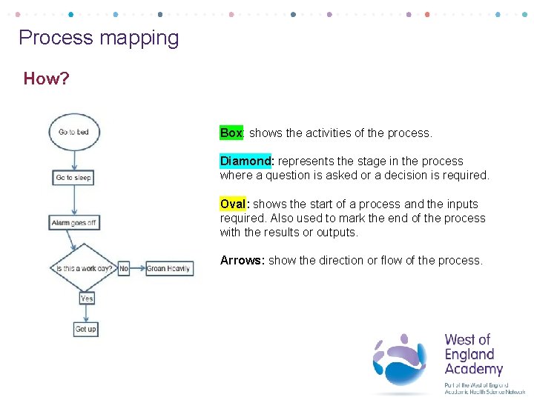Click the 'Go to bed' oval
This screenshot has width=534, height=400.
click(73, 132)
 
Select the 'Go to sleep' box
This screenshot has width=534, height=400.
click(73, 178)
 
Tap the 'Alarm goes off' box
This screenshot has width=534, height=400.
click(75, 222)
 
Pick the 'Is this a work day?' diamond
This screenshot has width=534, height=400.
click(84, 268)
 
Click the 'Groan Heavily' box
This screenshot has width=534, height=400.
click(168, 268)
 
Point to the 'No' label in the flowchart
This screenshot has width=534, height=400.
click(124, 268)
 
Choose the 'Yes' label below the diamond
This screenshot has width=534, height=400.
click(86, 298)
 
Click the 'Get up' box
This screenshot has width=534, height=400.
click(86, 329)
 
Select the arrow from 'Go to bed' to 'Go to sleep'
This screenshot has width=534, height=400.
click(73, 159)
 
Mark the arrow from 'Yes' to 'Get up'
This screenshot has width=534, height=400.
click(86, 313)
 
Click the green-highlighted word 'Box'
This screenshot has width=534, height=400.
click(231, 133)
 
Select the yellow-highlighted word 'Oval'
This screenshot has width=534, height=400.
click(234, 204)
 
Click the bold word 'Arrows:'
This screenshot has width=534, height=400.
click(242, 261)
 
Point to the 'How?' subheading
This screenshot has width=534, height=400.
click(46, 79)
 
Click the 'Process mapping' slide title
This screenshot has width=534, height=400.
click(99, 38)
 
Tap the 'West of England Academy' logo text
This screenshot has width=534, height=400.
click(473, 355)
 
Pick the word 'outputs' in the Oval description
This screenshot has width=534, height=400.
click(337, 233)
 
